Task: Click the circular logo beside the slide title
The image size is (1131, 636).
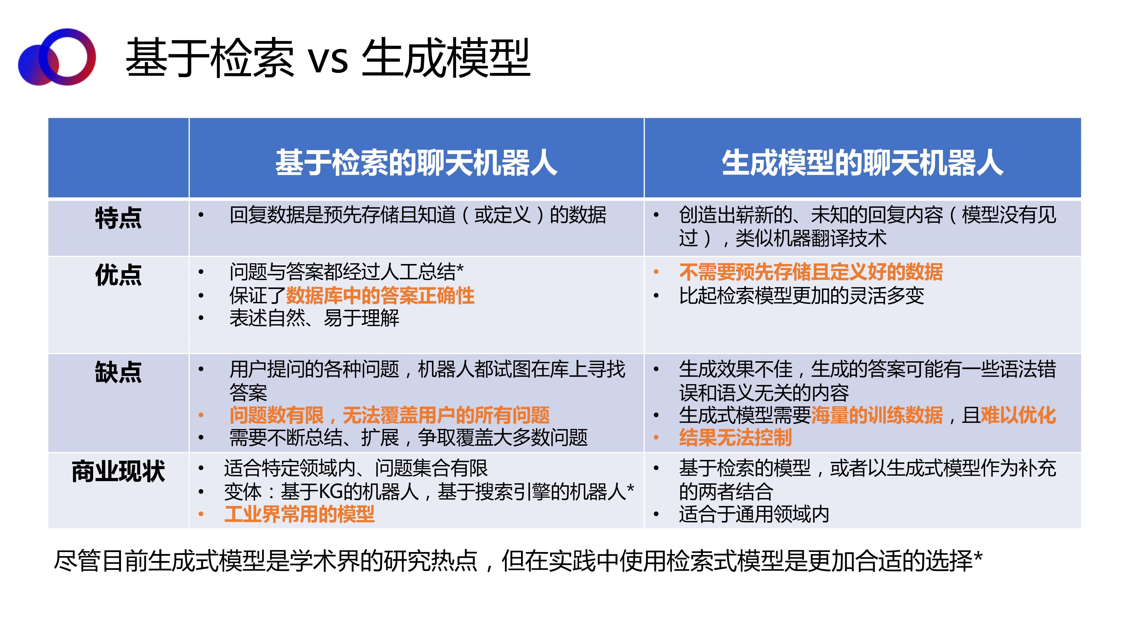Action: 57,57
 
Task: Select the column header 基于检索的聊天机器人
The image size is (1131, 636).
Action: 416,163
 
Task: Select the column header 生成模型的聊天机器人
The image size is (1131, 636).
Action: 863,163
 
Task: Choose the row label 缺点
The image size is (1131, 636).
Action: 118,372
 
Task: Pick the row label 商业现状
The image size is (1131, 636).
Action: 118,471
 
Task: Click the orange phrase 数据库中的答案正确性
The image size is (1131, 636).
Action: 380,295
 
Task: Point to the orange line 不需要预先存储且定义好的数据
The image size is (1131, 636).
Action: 811,272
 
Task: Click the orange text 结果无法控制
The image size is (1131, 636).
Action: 735,438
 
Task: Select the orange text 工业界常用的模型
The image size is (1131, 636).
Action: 299,514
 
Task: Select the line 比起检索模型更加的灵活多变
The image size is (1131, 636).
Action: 801,295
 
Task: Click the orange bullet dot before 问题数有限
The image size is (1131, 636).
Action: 201,415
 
